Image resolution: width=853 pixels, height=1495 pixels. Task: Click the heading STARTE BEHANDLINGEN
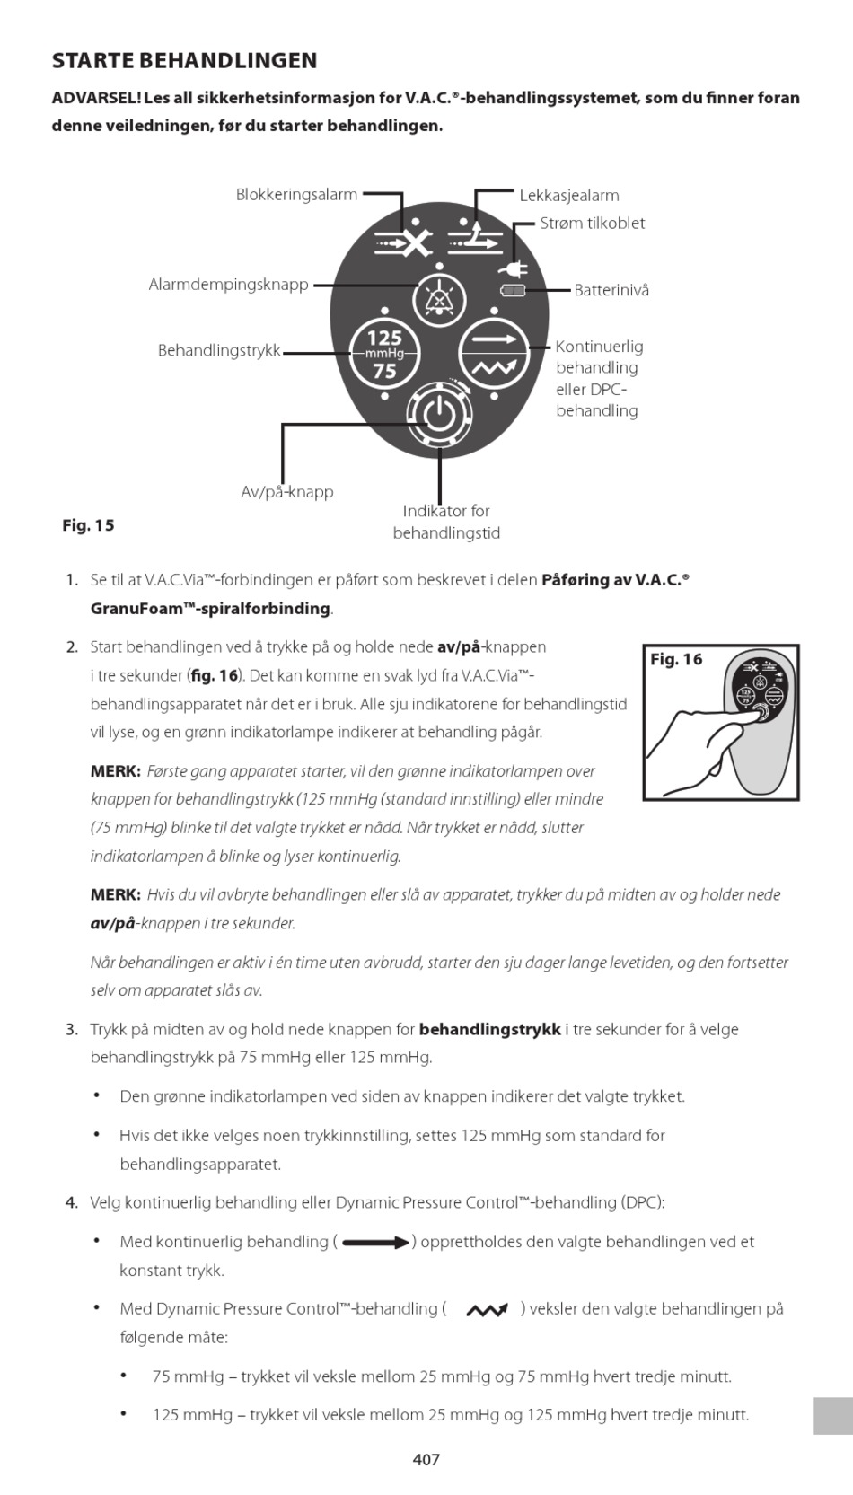pyautogui.click(x=184, y=61)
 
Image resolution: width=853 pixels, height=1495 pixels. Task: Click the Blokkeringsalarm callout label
pyautogui.click(x=296, y=194)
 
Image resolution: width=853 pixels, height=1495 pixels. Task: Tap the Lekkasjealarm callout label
pyautogui.click(x=569, y=195)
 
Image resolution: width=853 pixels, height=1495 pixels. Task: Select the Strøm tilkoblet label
pyautogui.click(x=592, y=223)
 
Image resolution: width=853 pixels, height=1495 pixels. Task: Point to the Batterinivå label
pyautogui.click(x=611, y=290)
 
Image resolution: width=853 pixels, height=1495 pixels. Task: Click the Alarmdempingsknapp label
pyautogui.click(x=228, y=285)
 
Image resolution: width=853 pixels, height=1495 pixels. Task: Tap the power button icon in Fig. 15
pyautogui.click(x=438, y=415)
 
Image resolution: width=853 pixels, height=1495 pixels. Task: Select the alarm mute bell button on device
pyautogui.click(x=439, y=300)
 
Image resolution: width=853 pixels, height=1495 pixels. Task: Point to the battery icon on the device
pyautogui.click(x=513, y=290)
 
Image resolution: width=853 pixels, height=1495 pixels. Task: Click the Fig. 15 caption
pyautogui.click(x=88, y=525)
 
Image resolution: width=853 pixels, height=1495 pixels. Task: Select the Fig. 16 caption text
pyautogui.click(x=676, y=659)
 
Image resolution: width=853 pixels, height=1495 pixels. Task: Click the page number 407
pyautogui.click(x=426, y=1459)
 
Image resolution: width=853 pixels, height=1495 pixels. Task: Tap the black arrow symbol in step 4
pyautogui.click(x=375, y=1243)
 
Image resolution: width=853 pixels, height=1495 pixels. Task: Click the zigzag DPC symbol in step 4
pyautogui.click(x=486, y=1310)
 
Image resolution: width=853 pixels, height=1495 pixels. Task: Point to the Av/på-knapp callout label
pyautogui.click(x=287, y=492)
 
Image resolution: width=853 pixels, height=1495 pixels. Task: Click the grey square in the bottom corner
pyautogui.click(x=832, y=1415)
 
